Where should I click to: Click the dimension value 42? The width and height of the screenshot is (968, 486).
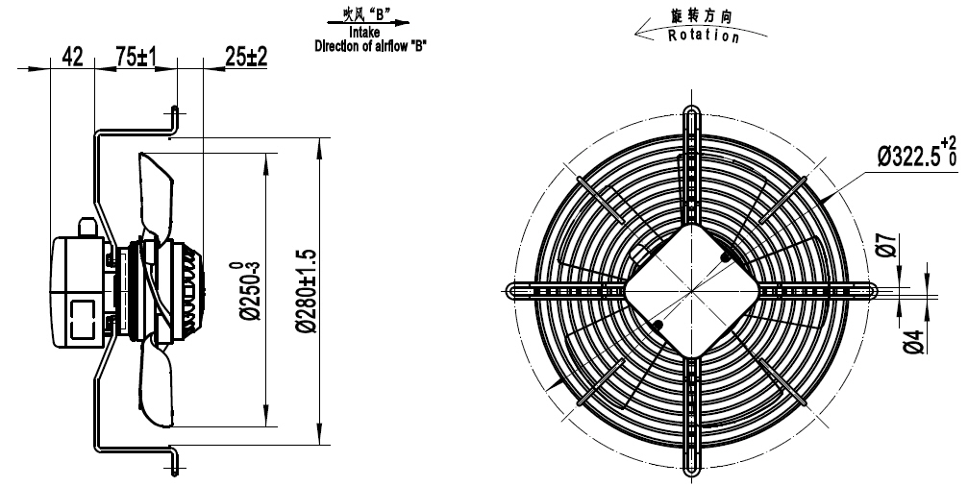point(71,57)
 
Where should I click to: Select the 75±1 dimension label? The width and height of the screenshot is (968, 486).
point(136,57)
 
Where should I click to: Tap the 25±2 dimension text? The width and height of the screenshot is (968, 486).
point(246,57)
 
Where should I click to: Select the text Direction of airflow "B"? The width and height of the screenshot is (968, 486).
point(371,44)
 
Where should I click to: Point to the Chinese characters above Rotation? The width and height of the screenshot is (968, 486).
point(704,16)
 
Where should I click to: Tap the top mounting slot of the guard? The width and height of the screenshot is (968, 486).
point(692,126)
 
